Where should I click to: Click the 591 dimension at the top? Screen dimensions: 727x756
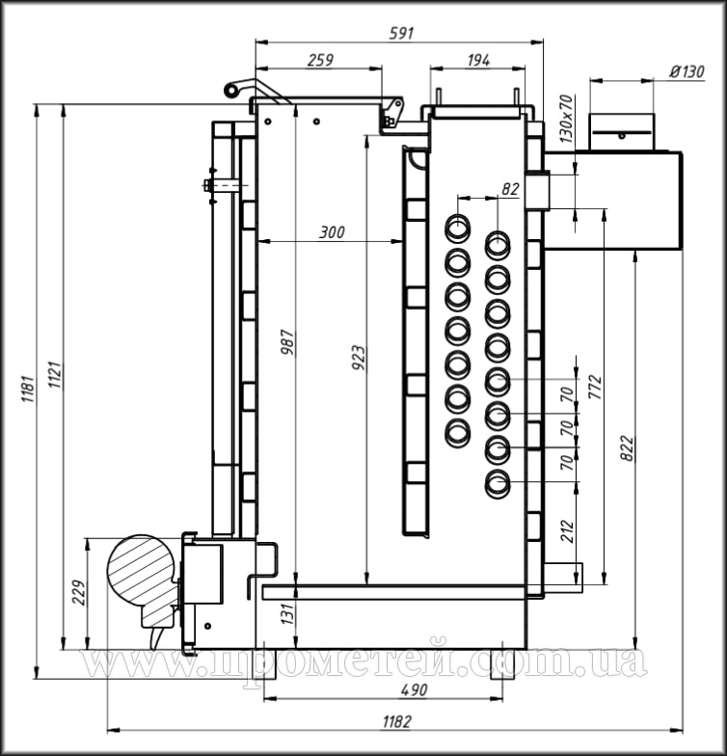tap(401, 33)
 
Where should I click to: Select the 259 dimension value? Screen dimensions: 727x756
tap(320, 60)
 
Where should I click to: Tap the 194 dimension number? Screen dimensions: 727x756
tap(478, 60)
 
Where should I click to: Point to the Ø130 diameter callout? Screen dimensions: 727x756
tap(687, 71)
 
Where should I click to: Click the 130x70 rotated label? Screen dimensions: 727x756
tap(567, 119)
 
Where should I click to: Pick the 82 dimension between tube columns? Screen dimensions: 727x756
tap(510, 189)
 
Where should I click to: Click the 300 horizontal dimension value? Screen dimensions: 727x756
tap(332, 232)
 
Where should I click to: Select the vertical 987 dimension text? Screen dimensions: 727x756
tap(287, 342)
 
